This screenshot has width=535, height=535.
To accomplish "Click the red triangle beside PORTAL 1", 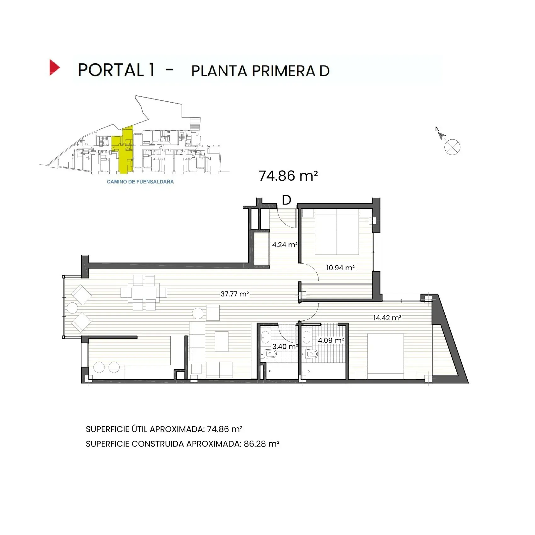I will pos(54,67).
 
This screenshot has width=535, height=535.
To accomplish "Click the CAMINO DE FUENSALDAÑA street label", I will pos(140,182).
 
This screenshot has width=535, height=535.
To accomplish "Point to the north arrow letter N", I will pos(437,129).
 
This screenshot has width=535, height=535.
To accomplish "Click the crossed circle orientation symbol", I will pos(452,147).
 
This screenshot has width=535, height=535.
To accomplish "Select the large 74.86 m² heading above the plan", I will pos(288,176).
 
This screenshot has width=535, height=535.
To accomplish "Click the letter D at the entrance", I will pos(286,200).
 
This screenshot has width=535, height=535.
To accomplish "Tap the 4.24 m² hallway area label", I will pos(285,245).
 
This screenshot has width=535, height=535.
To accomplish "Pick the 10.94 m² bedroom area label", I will pos(340,268).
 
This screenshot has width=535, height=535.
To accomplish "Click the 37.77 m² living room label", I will pos(234,294).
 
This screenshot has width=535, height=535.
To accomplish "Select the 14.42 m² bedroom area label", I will pos(387,318).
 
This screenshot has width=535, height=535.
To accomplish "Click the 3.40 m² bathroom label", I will pos(285,346).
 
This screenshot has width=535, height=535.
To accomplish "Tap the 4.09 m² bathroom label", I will pos(330,340).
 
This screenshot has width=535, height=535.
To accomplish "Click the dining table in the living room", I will pos(144,293).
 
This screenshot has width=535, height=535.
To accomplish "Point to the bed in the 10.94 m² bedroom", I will pos(337,234).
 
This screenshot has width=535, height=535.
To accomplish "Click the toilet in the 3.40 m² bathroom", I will pos(270,354).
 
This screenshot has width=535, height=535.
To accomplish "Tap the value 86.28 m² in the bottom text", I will pos(262,444).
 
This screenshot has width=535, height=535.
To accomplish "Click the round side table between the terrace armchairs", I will pos(73,308).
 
